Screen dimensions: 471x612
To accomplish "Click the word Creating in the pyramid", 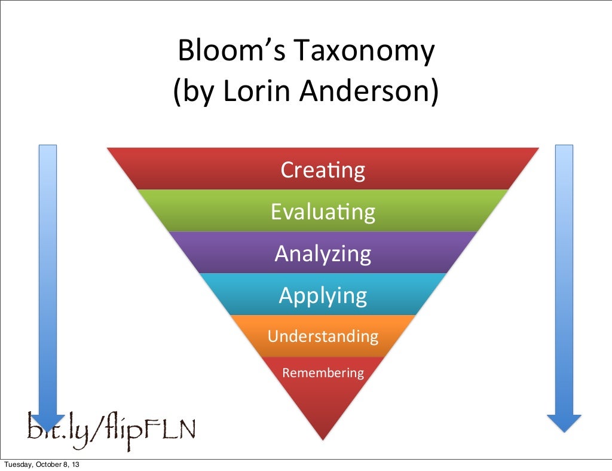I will click(323, 170).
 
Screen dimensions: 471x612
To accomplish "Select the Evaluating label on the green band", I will click(323, 212).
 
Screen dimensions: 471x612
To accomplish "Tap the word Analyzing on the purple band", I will click(323, 253).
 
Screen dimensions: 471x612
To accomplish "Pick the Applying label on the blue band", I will click(323, 295).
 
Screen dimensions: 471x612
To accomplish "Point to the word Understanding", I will click(323, 336).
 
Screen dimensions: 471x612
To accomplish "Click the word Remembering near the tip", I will click(323, 373).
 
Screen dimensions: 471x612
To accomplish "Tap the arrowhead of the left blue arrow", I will click(48, 422).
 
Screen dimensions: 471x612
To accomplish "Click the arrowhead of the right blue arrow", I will click(564, 422).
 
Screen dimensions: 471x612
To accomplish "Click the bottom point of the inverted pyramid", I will click(323, 439).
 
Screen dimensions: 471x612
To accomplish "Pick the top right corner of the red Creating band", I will click(537, 149).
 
